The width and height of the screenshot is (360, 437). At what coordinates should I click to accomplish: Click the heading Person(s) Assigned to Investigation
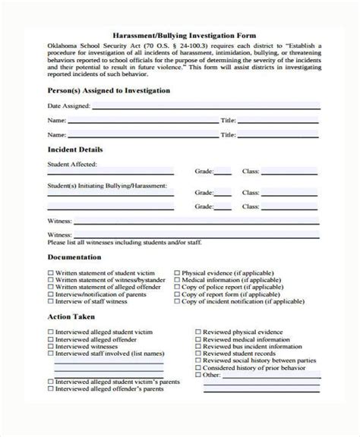(109, 90)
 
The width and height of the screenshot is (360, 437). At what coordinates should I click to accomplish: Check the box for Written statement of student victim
(51, 270)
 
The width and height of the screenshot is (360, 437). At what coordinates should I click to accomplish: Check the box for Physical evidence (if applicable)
(177, 270)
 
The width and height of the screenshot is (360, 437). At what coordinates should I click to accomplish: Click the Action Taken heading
(71, 317)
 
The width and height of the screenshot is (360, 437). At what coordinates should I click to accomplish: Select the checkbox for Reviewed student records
(198, 357)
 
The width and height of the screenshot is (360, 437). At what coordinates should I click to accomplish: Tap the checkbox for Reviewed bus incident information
(198, 349)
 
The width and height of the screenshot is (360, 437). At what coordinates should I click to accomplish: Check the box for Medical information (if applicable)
(177, 278)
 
